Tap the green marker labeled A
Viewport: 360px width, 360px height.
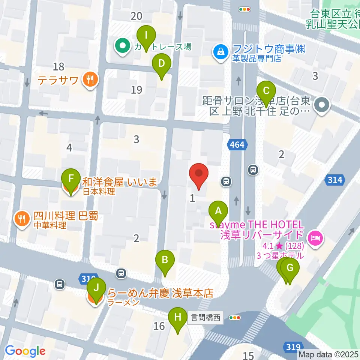click(x=218, y=212)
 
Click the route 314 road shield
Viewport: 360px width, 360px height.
click(x=334, y=180)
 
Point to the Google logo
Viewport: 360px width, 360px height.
click(x=25, y=351)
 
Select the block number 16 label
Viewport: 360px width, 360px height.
click(x=159, y=326)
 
